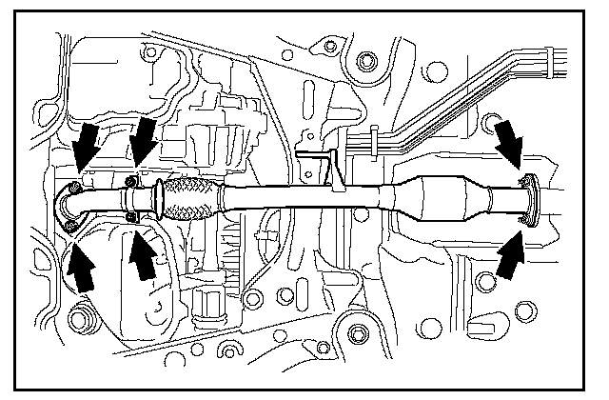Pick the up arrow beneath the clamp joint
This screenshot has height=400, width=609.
coord(142,254)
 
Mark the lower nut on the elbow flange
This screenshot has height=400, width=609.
coord(72,226)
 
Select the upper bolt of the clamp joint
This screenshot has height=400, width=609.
coord(130,183)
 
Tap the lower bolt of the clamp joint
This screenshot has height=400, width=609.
coord(131,219)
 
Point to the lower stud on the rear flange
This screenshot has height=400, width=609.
coord(522,222)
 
